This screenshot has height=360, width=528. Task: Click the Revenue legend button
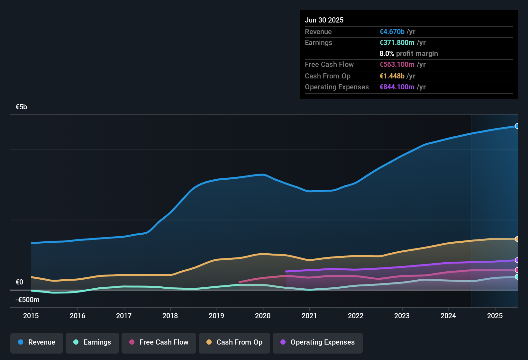37,342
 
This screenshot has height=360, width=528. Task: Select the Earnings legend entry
92,342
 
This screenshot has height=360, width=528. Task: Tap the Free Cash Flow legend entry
159,342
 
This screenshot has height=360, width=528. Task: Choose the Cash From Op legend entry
234,342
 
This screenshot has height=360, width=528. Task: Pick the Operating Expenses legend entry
318,342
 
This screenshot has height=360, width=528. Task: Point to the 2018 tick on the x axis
170,316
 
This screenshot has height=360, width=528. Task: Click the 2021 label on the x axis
309,316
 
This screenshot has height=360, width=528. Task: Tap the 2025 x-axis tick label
495,316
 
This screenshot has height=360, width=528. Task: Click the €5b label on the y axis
21,107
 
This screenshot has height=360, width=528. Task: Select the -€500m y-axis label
27,300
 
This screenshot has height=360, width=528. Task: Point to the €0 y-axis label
19,282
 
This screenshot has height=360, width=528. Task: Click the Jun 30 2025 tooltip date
324,20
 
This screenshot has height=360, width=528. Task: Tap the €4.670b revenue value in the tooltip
392,32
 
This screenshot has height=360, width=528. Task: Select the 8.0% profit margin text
408,54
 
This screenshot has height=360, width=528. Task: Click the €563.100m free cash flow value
397,65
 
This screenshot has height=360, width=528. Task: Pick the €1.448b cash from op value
392,76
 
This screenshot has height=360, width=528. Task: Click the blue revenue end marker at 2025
517,126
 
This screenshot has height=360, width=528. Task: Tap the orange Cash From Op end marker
517,239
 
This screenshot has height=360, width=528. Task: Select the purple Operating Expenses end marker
517,260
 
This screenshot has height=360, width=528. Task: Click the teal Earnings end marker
517,277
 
